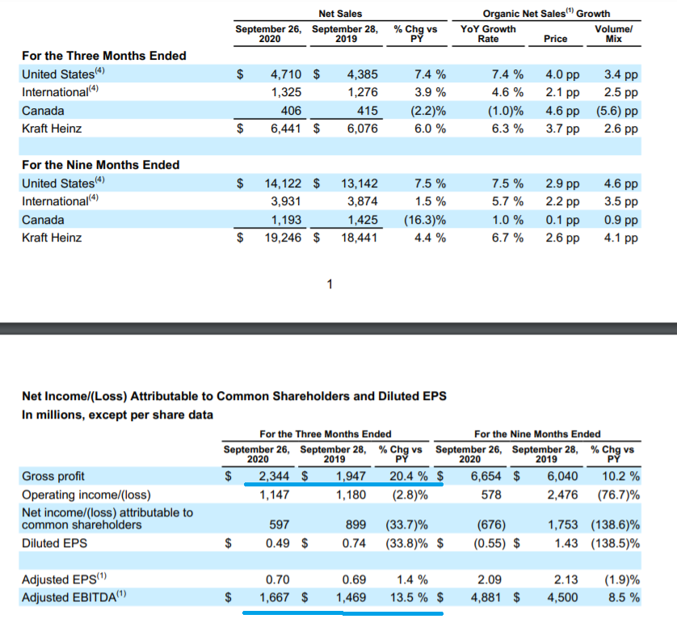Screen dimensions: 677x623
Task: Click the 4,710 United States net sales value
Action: point(286,74)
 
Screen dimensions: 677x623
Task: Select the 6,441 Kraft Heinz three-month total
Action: point(286,128)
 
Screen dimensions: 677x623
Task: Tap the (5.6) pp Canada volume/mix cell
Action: point(617,111)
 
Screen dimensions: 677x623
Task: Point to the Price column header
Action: point(555,39)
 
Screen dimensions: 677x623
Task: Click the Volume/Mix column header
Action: point(613,34)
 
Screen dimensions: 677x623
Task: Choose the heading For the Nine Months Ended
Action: point(101,165)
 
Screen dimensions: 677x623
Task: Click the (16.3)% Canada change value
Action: point(425,220)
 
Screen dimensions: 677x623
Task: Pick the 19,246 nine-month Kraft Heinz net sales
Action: point(283,238)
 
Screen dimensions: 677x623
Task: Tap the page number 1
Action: point(330,284)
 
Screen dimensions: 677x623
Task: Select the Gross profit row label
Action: point(53,476)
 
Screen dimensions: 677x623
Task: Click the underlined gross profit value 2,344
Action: point(274,476)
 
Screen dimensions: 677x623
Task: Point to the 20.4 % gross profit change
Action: point(409,476)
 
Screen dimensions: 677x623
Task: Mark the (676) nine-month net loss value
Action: point(491,524)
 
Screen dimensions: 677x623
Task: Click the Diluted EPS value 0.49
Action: point(278,543)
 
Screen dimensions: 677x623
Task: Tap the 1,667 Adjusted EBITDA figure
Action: point(274,597)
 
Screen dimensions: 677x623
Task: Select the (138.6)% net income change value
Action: point(616,524)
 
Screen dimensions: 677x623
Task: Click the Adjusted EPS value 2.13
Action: point(566,579)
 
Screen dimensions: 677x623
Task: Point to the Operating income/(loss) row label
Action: point(86,495)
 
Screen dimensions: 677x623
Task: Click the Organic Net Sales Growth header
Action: point(546,14)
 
